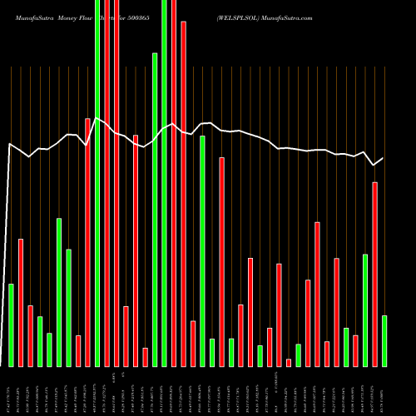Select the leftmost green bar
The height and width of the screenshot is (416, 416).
(x=11, y=324)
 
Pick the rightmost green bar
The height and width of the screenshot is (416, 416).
(x=384, y=340)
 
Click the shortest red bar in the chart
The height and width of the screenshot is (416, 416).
(x=289, y=362)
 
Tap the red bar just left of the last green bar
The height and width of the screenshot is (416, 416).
(x=374, y=274)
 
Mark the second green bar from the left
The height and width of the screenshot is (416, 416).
(x=40, y=341)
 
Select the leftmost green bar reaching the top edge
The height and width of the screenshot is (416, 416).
(x=97, y=183)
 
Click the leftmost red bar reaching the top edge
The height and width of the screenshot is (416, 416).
(x=106, y=183)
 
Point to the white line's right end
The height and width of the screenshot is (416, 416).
(x=384, y=158)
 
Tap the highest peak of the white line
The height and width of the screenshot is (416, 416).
(x=97, y=118)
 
